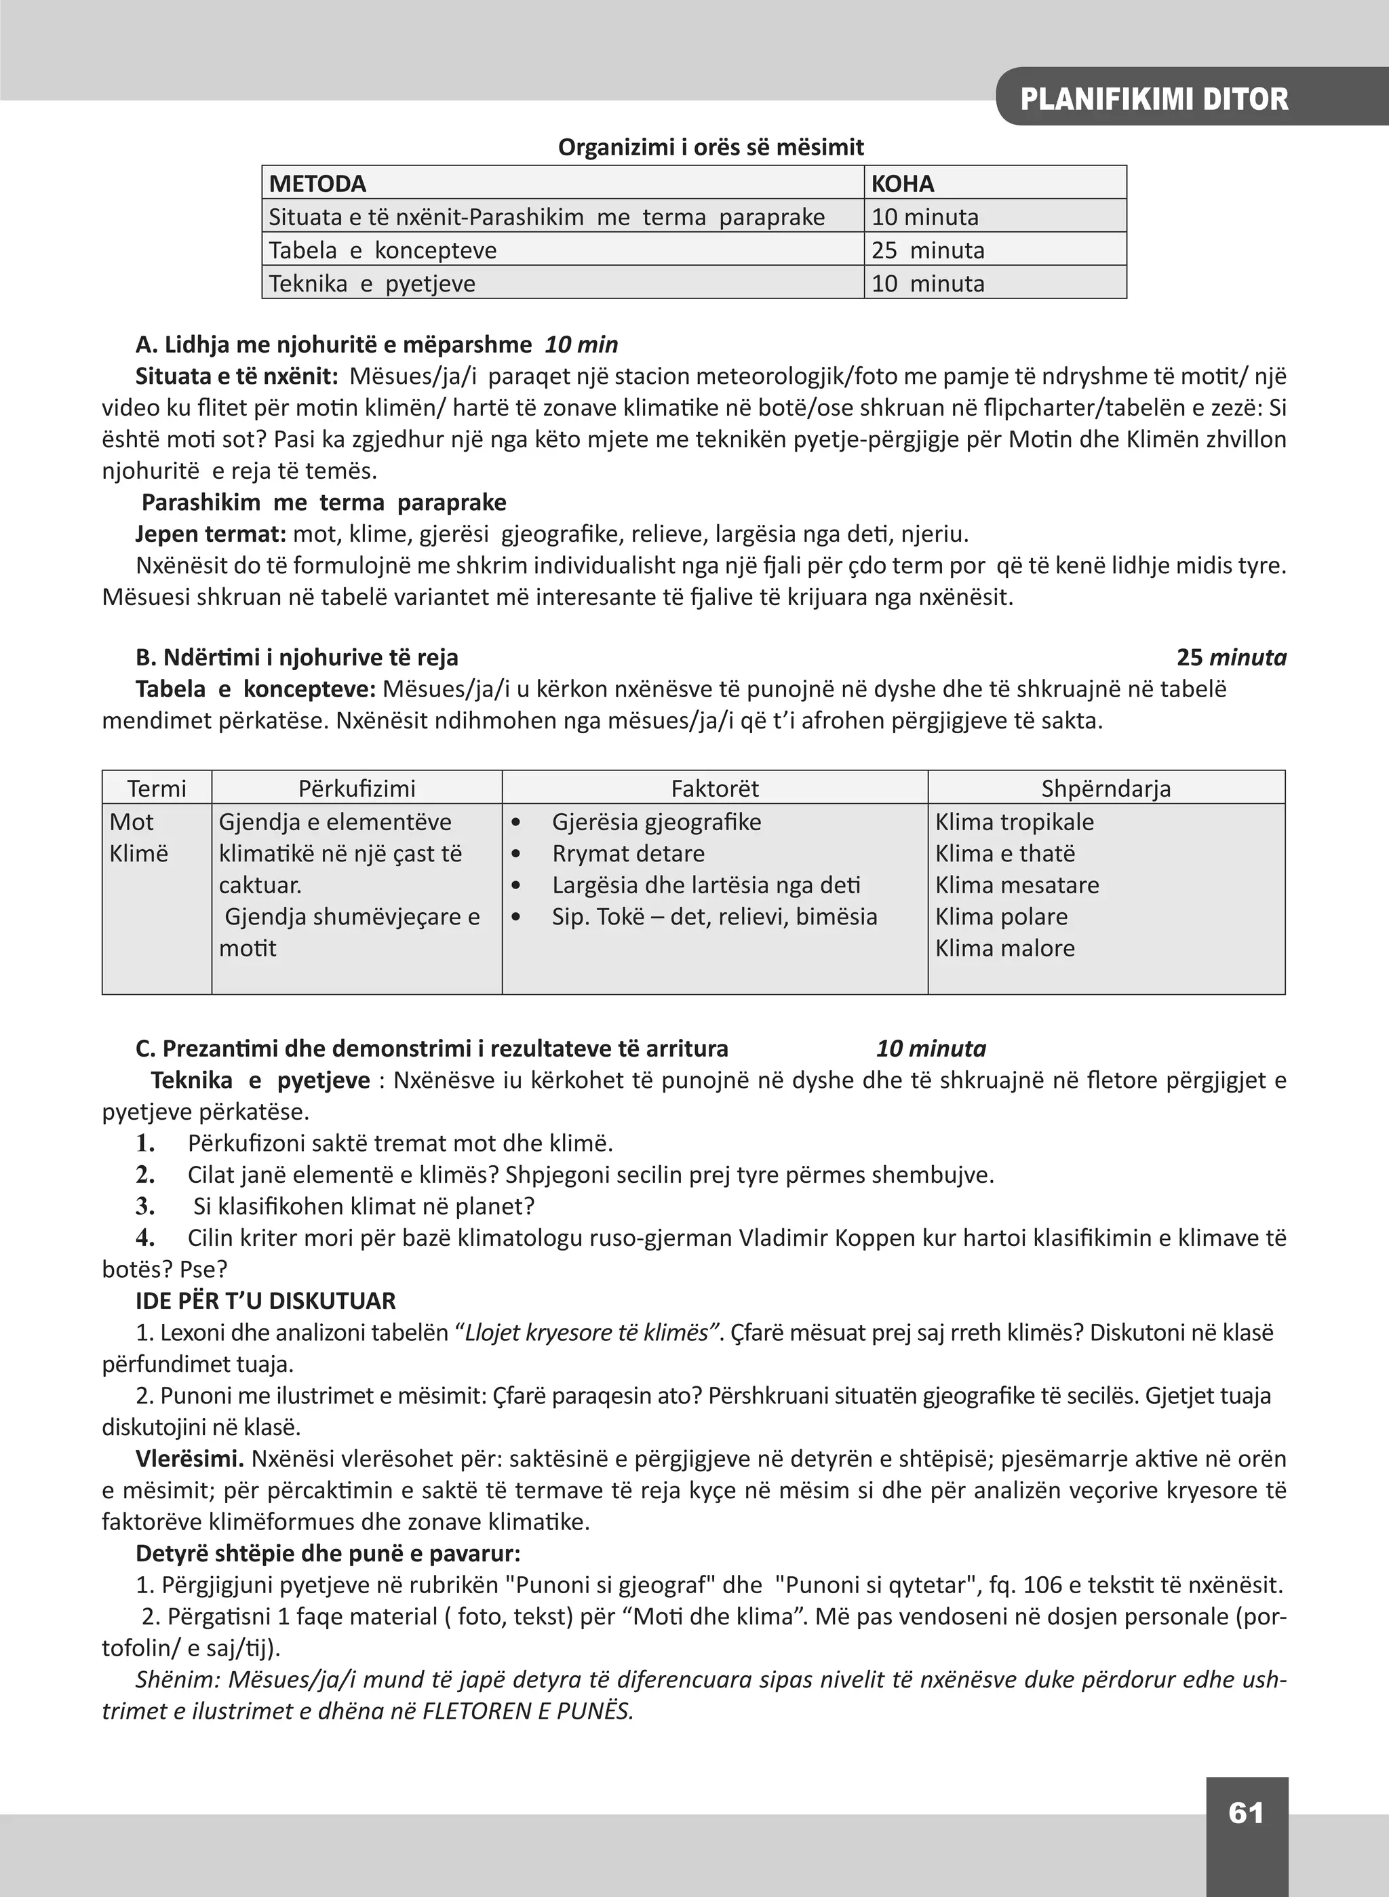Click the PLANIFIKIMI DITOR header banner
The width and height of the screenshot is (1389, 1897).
[1154, 98]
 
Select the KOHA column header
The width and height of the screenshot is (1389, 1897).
[902, 183]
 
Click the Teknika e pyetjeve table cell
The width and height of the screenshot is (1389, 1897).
[372, 283]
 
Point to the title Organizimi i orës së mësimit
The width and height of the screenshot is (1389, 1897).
[711, 147]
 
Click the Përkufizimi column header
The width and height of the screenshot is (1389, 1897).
[357, 788]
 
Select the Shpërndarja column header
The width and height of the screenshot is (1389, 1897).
[1106, 788]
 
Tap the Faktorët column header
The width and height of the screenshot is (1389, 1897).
[715, 788]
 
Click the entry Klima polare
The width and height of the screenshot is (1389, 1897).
[1000, 916]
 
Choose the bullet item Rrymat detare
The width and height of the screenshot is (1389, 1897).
[628, 853]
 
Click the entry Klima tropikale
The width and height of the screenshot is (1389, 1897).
[1014, 821]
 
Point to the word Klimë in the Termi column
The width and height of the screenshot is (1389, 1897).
[139, 853]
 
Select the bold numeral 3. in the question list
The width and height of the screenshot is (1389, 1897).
[144, 1206]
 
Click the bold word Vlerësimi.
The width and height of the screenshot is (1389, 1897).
[189, 1458]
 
